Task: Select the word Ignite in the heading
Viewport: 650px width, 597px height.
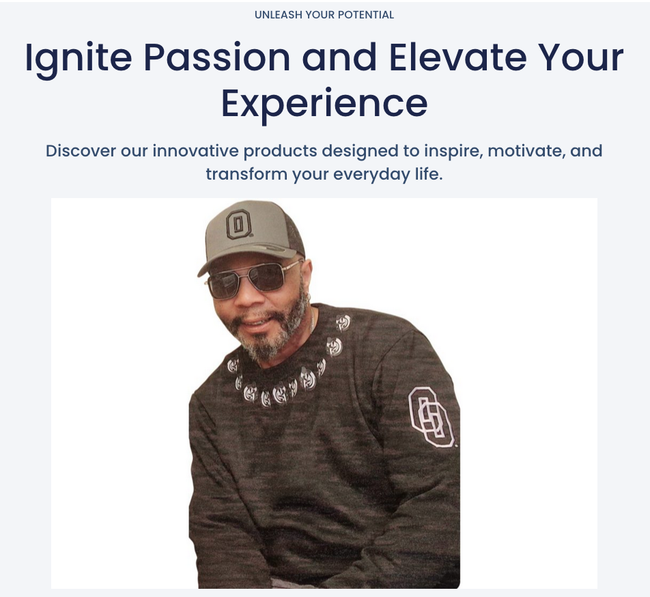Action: (x=79, y=59)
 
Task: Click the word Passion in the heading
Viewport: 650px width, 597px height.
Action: (x=217, y=57)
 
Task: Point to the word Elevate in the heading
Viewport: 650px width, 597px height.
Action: (x=458, y=57)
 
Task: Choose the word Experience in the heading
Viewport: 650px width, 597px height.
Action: (x=324, y=104)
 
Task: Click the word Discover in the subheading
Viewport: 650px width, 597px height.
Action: (x=81, y=150)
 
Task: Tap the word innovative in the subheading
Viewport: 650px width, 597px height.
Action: (x=196, y=150)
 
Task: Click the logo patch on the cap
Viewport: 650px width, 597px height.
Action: (x=239, y=223)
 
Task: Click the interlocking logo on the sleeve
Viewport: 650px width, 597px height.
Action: (x=431, y=417)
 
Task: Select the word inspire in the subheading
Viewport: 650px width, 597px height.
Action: (x=453, y=152)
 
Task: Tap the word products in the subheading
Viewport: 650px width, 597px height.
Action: (x=280, y=152)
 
